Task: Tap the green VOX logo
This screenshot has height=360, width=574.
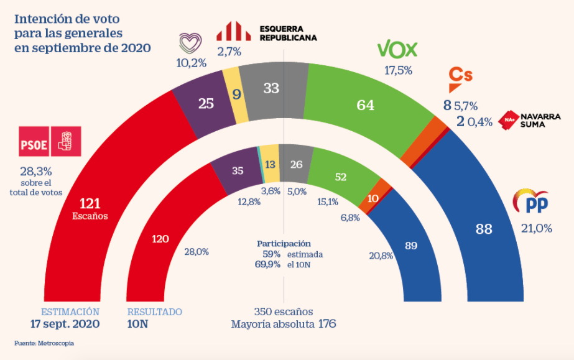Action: tap(397, 49)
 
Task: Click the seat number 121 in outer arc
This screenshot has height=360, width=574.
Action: tap(90, 203)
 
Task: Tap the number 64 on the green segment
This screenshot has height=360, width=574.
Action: tap(365, 106)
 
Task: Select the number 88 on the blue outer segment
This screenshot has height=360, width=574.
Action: tap(484, 229)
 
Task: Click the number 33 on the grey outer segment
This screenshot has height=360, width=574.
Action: tap(271, 88)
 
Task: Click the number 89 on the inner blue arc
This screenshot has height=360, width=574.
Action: tap(410, 246)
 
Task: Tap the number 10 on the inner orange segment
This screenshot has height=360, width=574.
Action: tap(373, 198)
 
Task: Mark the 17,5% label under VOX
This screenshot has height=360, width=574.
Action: tap(398, 70)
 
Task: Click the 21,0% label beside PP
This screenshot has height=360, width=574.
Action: tap(536, 228)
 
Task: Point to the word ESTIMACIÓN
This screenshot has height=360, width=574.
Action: tap(70, 312)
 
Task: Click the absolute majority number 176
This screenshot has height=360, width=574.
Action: tap(327, 324)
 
